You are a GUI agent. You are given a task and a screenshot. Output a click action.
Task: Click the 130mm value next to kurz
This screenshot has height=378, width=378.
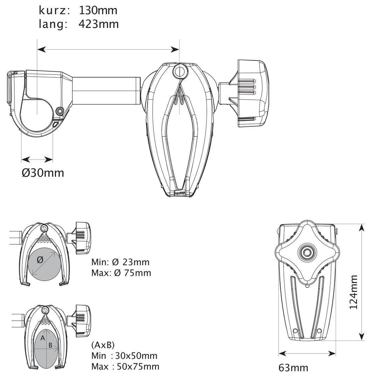pyautogui.click(x=98, y=10)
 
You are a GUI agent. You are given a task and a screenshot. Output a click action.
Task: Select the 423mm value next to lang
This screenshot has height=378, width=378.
pyautogui.click(x=99, y=24)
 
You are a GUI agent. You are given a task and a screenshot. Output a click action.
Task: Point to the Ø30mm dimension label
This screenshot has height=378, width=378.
pyautogui.click(x=43, y=173)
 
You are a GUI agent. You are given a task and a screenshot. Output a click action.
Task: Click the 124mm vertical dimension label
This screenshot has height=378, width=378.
pyautogui.click(x=353, y=292)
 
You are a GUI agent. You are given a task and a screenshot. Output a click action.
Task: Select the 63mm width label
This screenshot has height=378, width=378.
pyautogui.click(x=293, y=368)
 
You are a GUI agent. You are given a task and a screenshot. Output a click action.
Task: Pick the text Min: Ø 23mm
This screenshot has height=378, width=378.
pyautogui.click(x=120, y=262)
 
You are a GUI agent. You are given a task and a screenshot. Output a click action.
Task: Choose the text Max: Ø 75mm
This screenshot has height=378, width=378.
pyautogui.click(x=121, y=273)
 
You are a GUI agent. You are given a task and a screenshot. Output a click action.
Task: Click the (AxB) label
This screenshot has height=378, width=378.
pyautogui.click(x=103, y=345)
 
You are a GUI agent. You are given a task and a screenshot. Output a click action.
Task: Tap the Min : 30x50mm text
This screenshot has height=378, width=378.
pyautogui.click(x=124, y=356)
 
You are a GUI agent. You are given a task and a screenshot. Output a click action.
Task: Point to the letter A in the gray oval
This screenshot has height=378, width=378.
pyautogui.click(x=43, y=338)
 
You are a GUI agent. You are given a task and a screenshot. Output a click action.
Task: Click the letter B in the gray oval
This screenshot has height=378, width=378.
pyautogui.click(x=50, y=345)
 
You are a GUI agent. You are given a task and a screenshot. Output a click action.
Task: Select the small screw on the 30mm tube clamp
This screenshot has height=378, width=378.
pyautogui.click(x=59, y=111)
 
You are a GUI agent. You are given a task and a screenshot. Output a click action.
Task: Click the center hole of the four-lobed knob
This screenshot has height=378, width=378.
pyautogui.click(x=307, y=253)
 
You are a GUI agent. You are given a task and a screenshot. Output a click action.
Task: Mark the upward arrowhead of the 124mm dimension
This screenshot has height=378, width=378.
pyautogui.click(x=361, y=228)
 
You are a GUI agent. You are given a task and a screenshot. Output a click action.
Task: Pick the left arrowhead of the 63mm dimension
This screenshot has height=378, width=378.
pyautogui.click(x=282, y=354)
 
